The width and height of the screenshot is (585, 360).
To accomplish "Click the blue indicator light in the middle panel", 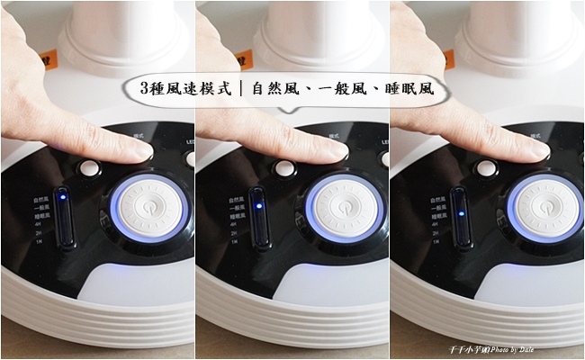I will [x=257, y=205].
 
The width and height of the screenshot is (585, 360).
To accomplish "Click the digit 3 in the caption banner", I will [x=146, y=90].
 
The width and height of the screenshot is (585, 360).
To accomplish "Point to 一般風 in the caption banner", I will [x=343, y=90].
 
